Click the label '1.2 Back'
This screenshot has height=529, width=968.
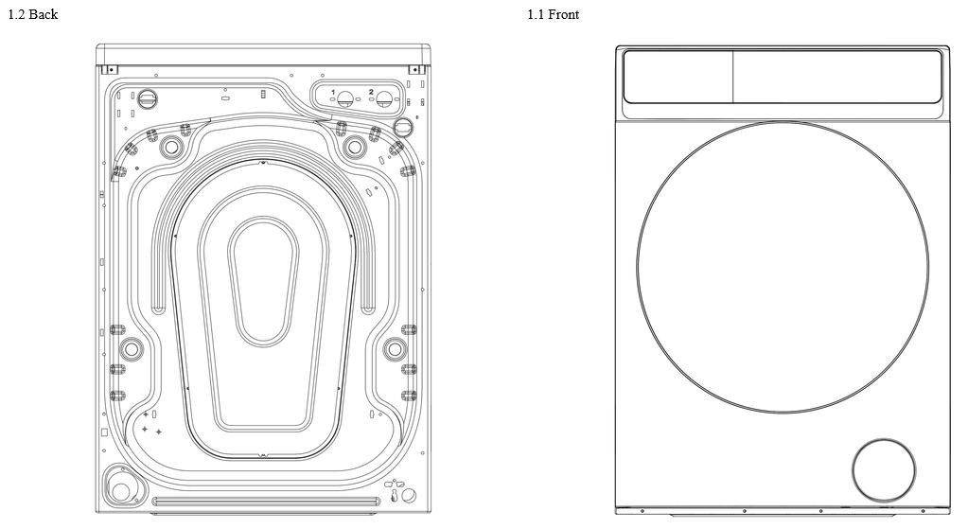(x=33, y=14)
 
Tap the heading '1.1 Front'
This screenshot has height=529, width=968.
(x=554, y=14)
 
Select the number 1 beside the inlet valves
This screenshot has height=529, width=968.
(x=333, y=92)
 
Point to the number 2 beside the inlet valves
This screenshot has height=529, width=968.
(x=371, y=92)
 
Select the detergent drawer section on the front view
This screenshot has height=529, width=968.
(x=678, y=77)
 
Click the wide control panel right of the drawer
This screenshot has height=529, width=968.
(x=837, y=77)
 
